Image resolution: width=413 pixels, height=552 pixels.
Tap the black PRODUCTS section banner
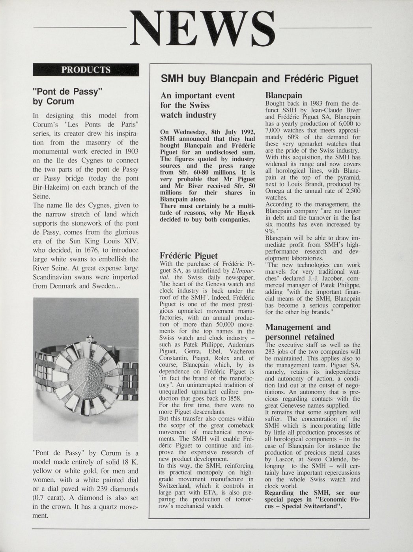(86, 70)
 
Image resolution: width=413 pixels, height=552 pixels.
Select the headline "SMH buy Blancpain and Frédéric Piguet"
(260, 78)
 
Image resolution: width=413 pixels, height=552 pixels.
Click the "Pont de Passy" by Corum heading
(67, 96)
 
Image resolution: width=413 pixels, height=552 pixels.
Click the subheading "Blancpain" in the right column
(284, 95)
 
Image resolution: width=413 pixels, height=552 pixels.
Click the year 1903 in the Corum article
(130, 151)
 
